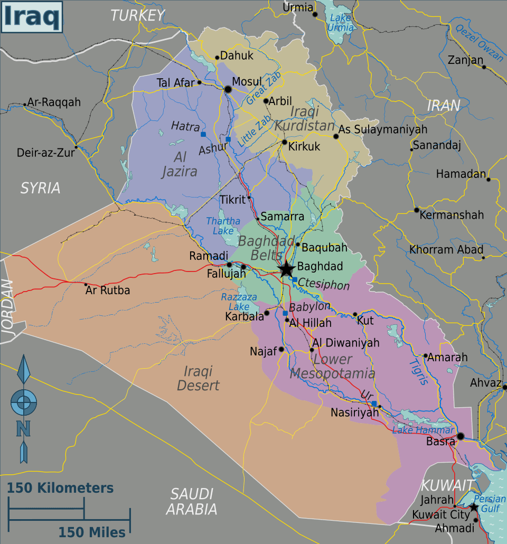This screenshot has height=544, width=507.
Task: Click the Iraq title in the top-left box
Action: tap(31, 16)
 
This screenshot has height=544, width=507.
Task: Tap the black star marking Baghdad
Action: tap(286, 269)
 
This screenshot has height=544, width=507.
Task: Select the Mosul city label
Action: tap(247, 82)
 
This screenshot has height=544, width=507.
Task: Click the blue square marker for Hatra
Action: tap(203, 135)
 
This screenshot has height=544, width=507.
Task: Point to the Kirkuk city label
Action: tap(304, 147)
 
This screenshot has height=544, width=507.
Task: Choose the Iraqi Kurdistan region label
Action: tap(305, 119)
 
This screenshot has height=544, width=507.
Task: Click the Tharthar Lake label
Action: tap(223, 226)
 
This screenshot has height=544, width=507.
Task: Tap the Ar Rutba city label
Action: tap(108, 290)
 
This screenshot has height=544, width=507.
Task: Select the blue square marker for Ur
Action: tap(374, 404)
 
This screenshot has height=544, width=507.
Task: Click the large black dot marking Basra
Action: tap(461, 436)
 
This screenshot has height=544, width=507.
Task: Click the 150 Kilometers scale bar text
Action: tap(60, 488)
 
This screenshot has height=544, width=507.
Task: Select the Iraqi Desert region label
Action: tap(198, 378)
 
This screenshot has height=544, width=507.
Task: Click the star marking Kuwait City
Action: tap(474, 508)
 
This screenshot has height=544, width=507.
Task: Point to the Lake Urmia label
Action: tap(341, 23)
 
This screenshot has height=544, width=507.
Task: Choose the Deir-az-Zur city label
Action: tap(45, 153)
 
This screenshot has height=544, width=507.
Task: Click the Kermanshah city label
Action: tap(452, 215)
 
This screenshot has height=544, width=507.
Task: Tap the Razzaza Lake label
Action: tap(239, 302)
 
